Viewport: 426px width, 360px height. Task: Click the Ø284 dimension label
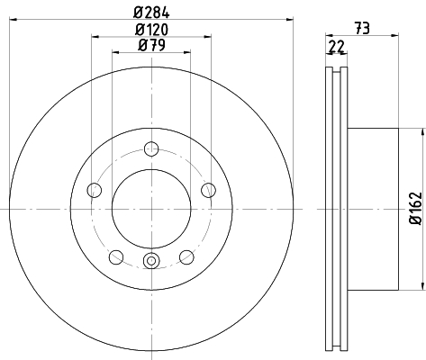[x=151, y=13]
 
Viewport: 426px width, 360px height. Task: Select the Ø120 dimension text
[x=151, y=30]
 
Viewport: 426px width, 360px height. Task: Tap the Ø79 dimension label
[x=151, y=46]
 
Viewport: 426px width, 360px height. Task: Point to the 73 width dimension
[x=362, y=29]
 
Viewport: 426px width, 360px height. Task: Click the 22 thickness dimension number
[x=337, y=47]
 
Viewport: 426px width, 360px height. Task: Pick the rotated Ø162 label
[x=416, y=209]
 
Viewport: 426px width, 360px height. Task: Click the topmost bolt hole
[x=151, y=148]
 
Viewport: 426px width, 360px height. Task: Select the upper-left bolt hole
[x=95, y=190]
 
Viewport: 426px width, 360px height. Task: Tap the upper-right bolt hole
[x=208, y=190]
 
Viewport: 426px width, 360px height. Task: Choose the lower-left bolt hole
[x=116, y=257]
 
